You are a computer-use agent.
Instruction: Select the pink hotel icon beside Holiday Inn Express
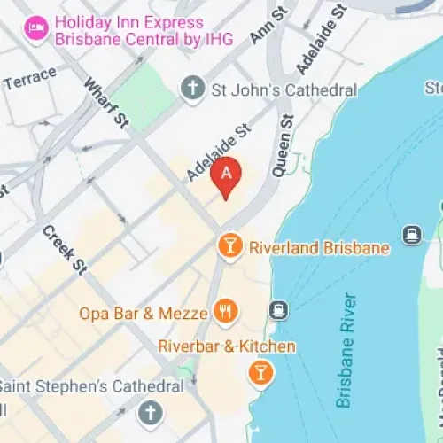tap(35, 29)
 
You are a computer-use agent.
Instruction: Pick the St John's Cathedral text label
tap(284, 89)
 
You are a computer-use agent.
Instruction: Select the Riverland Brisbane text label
tap(320, 248)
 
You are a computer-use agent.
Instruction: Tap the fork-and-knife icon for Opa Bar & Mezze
tap(225, 311)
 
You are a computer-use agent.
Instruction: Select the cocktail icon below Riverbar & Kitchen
tap(260, 373)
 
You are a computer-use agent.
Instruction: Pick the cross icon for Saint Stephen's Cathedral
tap(152, 412)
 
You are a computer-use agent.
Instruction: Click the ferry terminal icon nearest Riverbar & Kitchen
tap(279, 310)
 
